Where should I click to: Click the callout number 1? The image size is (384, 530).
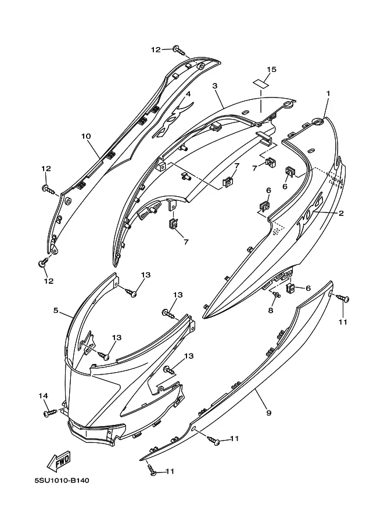[328, 93]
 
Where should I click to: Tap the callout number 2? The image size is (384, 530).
[341, 213]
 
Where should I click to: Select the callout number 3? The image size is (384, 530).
[214, 86]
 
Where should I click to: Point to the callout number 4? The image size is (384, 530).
[188, 93]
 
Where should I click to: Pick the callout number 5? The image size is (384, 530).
[56, 311]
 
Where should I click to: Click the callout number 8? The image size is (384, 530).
[271, 311]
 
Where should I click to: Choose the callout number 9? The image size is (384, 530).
[268, 413]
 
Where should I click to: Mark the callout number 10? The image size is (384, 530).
[86, 136]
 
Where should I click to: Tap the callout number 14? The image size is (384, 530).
[44, 395]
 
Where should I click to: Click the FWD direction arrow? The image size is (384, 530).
[59, 462]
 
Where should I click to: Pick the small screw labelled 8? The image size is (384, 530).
[276, 295]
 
